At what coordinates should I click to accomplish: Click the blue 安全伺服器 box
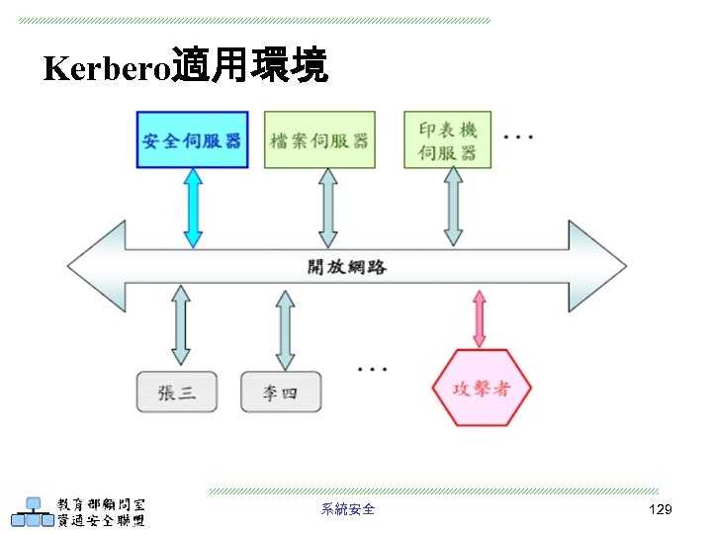(192, 139)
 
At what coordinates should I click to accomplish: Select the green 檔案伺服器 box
(319, 139)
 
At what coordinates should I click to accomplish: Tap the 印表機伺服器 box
(447, 139)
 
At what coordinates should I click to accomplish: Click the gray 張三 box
(177, 392)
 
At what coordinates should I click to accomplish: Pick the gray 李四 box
(280, 392)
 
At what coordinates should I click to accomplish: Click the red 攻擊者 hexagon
(481, 388)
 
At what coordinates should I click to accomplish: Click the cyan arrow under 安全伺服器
(193, 208)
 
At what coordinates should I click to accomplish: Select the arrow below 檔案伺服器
(328, 208)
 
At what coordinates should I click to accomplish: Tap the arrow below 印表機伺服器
(453, 207)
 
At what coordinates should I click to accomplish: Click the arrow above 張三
(180, 325)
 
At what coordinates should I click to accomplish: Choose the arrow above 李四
(285, 329)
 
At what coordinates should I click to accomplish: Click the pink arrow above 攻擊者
(480, 318)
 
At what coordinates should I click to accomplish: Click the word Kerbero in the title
(107, 68)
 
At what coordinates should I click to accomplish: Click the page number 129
(660, 509)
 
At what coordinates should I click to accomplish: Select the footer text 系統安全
(348, 509)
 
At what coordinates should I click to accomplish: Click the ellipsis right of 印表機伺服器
(518, 136)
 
